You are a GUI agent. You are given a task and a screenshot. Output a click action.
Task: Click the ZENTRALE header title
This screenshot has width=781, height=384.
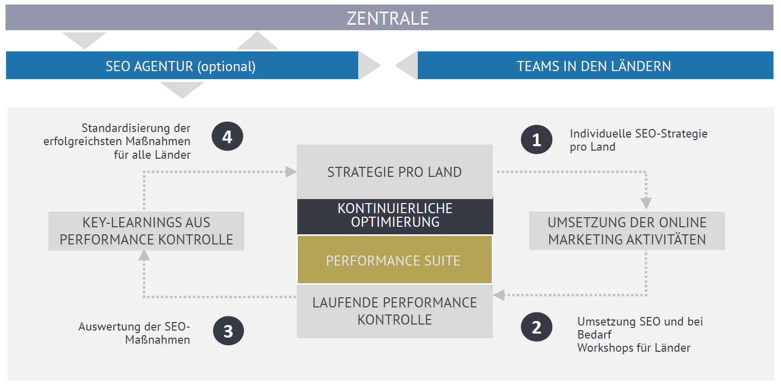pyautogui.click(x=387, y=18)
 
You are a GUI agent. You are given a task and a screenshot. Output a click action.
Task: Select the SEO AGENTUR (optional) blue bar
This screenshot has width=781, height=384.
pyautogui.click(x=182, y=65)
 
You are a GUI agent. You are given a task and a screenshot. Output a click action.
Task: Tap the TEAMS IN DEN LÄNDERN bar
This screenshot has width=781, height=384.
pyautogui.click(x=595, y=65)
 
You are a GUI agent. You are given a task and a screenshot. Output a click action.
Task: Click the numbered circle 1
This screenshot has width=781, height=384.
pyautogui.click(x=537, y=140)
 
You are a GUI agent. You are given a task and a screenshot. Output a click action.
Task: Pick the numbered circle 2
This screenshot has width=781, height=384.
pyautogui.click(x=537, y=327)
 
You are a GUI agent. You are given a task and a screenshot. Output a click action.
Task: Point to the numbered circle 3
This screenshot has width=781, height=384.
pyautogui.click(x=228, y=331)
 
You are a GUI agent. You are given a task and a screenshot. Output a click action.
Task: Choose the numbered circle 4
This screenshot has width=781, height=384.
pyautogui.click(x=227, y=136)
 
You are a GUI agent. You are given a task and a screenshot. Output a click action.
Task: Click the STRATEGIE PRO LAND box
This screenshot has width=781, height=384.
pyautogui.click(x=395, y=172)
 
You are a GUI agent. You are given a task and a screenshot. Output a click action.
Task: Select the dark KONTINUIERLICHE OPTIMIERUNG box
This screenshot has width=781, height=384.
pyautogui.click(x=395, y=216)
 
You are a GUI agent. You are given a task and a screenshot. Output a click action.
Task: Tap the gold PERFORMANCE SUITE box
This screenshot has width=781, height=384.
pyautogui.click(x=395, y=260)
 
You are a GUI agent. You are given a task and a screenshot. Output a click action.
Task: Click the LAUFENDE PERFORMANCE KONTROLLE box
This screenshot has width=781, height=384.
pyautogui.click(x=395, y=311)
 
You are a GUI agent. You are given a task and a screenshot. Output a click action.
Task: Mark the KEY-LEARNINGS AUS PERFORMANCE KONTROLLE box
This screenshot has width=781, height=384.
pyautogui.click(x=146, y=231)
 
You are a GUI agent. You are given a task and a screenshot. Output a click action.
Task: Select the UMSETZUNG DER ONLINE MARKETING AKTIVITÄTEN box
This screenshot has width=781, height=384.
pyautogui.click(x=627, y=230)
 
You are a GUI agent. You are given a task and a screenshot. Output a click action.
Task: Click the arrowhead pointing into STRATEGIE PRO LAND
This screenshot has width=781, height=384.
pyautogui.click(x=291, y=172)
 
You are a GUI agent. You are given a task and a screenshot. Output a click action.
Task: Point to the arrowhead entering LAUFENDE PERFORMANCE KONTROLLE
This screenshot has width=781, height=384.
pyautogui.click(x=499, y=295)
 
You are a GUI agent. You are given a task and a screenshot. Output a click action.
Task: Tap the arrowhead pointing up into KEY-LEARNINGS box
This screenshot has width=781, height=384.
pyautogui.click(x=144, y=255)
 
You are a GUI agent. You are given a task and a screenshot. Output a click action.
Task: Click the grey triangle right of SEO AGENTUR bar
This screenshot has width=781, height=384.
pyautogui.click(x=369, y=66)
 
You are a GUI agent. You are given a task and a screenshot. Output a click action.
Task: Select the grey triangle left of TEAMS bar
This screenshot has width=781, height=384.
pyautogui.click(x=406, y=66)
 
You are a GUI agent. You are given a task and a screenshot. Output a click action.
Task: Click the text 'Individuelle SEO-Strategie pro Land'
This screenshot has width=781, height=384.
pyautogui.click(x=638, y=140)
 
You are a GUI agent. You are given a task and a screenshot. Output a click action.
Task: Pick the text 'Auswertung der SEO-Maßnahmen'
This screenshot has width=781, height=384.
pyautogui.click(x=134, y=333)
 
